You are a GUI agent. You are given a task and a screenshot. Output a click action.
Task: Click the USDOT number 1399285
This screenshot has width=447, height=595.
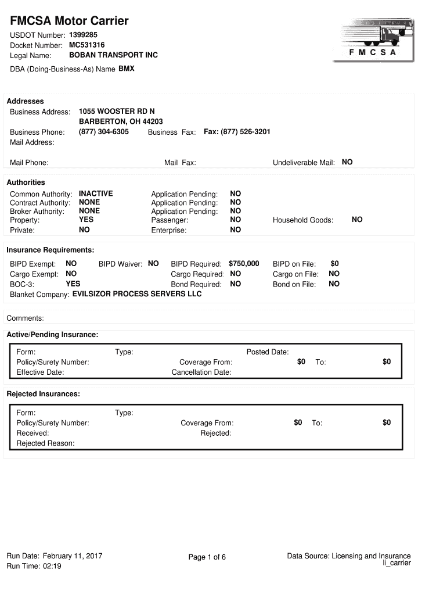click(84, 35)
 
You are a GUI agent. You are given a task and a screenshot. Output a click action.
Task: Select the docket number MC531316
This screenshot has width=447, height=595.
click(87, 45)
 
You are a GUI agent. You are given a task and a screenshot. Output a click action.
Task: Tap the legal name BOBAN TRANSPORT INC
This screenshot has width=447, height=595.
click(113, 55)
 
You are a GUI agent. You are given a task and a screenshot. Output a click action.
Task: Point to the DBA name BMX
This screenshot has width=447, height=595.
click(127, 69)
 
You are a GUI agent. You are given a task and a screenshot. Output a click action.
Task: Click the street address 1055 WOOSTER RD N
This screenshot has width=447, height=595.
click(117, 111)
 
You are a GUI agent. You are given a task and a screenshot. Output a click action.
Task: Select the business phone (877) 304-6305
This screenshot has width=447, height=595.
click(104, 132)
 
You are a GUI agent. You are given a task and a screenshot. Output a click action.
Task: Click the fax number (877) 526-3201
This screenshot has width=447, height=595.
click(237, 132)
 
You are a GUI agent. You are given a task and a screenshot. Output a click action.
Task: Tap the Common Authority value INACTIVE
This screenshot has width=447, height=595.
click(96, 193)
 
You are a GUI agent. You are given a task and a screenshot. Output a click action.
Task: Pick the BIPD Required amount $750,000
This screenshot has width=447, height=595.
click(244, 264)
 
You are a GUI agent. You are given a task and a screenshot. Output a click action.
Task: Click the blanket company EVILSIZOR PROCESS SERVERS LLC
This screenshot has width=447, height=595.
click(137, 294)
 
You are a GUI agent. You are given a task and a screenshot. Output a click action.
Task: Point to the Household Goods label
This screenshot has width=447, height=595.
click(303, 220)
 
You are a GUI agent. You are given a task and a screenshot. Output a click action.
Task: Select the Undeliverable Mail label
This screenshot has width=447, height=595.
click(304, 163)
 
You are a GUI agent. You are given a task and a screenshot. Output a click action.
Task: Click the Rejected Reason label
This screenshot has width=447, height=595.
click(45, 443)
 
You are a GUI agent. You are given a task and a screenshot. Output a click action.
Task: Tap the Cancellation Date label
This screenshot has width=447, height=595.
click(201, 372)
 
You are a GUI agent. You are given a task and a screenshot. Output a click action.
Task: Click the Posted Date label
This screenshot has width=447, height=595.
click(268, 352)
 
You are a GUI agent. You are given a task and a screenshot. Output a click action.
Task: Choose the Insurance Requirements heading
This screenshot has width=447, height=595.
click(50, 250)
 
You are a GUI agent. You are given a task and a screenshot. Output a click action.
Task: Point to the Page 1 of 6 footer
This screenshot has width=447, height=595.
click(207, 557)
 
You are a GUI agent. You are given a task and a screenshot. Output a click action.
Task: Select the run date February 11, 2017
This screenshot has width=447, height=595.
click(73, 556)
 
